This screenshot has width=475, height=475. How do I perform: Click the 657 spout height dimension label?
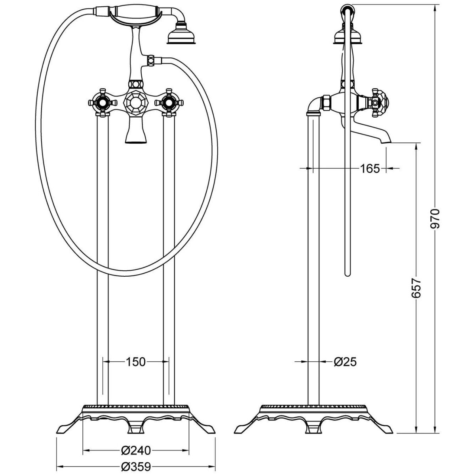pos(416,288)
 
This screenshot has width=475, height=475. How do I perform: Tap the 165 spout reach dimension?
pos(370,169)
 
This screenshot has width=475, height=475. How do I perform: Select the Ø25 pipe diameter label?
pos(345,362)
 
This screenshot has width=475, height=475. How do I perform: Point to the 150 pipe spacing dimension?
pos(136,362)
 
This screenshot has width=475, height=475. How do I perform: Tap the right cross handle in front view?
pos(169,102)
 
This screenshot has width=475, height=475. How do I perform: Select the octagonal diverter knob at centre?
pos(135,102)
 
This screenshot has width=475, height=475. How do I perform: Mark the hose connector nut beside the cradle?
pos(150,60)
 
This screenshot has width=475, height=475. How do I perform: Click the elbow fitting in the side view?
pos(317,105)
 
